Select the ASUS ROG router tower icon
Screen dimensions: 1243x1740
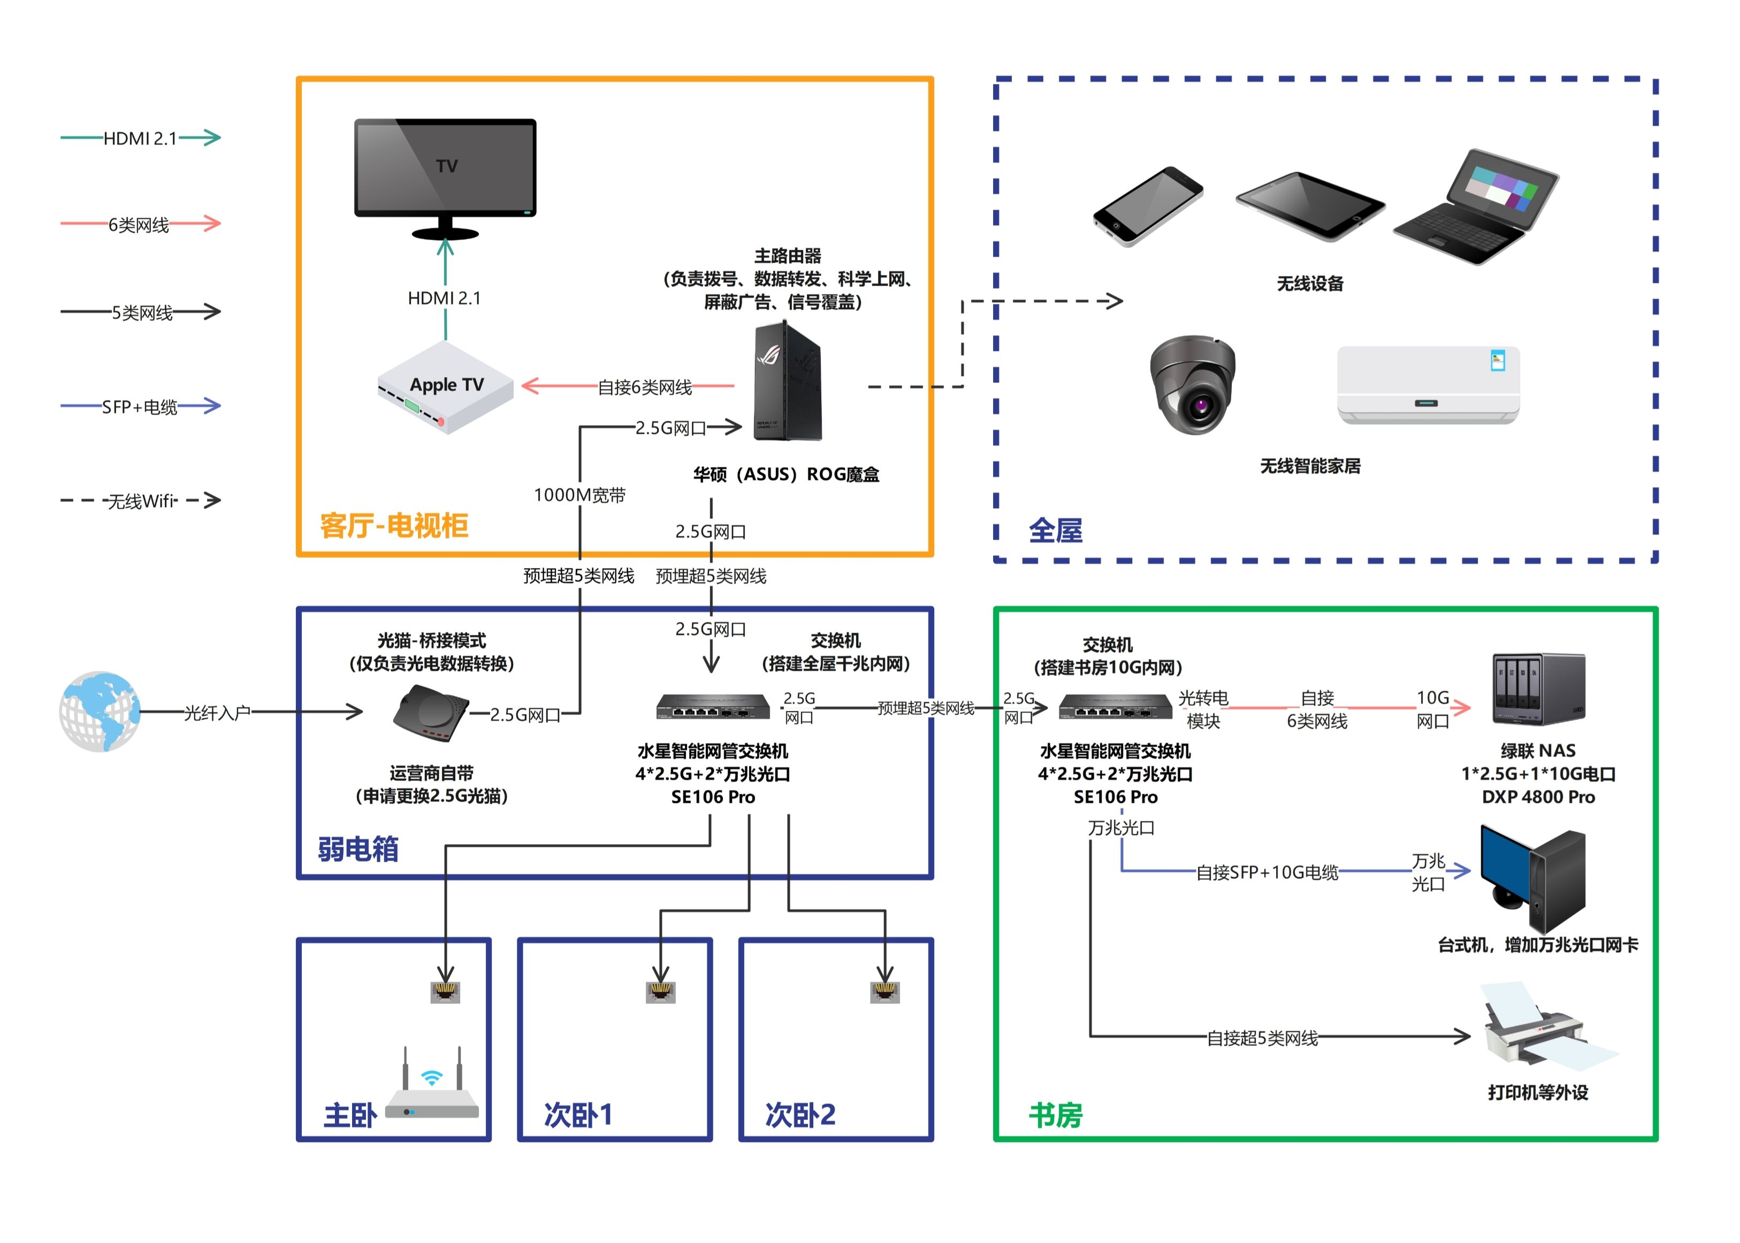[x=787, y=382]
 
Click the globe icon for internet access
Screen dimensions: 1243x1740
[x=100, y=712]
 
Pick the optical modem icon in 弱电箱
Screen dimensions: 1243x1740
[x=430, y=713]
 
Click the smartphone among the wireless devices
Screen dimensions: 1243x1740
[x=1147, y=206]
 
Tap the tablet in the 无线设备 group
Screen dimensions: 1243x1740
[x=1309, y=205]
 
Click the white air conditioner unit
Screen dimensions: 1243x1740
[x=1428, y=384]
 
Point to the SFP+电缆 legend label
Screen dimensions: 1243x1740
[x=139, y=407]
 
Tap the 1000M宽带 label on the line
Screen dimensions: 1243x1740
[x=579, y=495]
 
